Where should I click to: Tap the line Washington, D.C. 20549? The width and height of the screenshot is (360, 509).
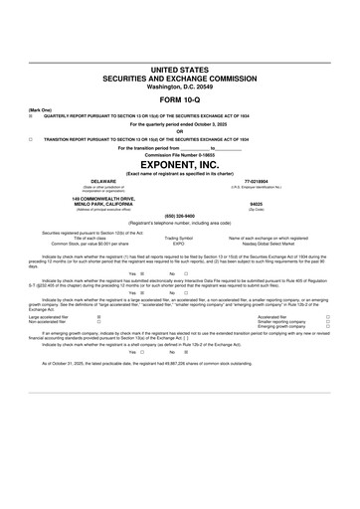point(180,86)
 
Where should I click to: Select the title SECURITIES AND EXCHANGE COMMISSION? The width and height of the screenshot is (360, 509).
point(180,78)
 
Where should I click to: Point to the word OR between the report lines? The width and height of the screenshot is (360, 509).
point(180,132)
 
